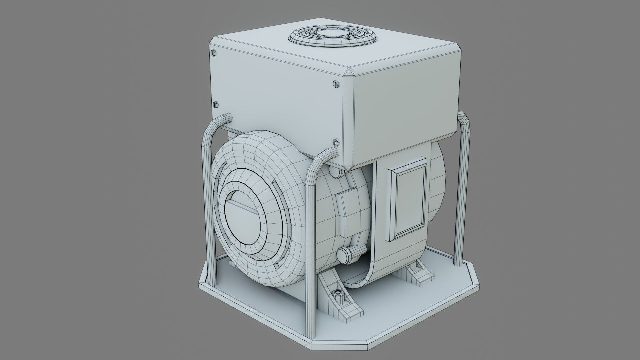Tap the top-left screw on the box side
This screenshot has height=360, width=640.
coord(213,53)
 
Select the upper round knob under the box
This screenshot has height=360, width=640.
coord(335,171)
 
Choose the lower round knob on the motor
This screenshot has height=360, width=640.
coord(345,255)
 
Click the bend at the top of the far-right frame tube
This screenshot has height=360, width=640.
coord(464,120)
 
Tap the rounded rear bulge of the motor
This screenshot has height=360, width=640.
coord(438,193)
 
